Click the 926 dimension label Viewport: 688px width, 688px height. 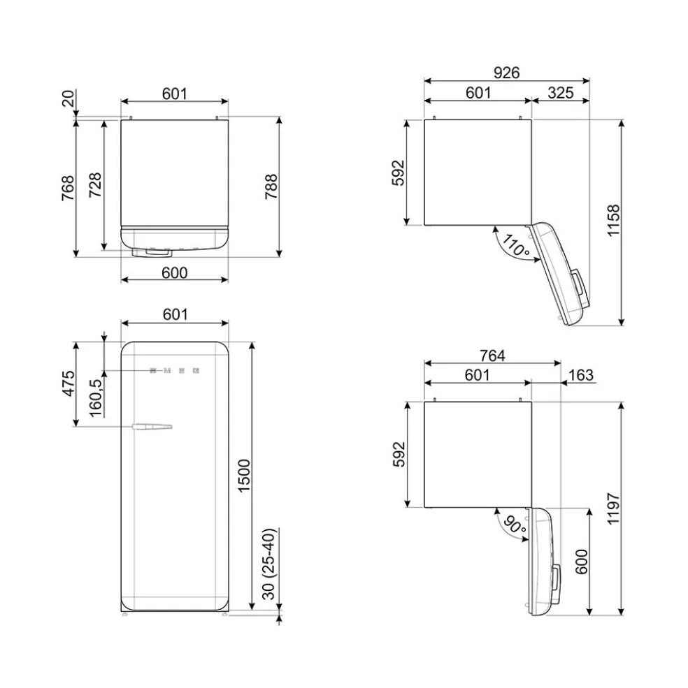506,73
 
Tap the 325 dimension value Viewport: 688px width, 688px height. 561,93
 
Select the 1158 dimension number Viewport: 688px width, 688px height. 613,221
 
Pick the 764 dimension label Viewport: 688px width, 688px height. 492,356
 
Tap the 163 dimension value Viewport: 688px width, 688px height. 581,375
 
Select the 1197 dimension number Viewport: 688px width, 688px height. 613,508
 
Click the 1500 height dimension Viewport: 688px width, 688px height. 244,476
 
